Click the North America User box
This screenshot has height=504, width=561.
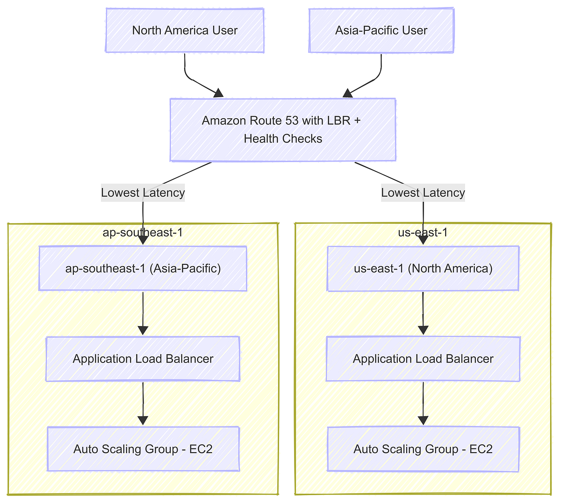pyautogui.click(x=185, y=30)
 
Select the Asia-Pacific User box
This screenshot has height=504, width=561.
pyautogui.click(x=381, y=30)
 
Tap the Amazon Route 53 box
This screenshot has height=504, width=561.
pyautogui.click(x=283, y=129)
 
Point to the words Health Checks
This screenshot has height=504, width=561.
pyautogui.click(x=283, y=139)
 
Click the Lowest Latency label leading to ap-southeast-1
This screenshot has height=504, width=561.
pyautogui.click(x=143, y=192)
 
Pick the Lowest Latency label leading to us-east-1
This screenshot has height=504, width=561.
pyautogui.click(x=423, y=192)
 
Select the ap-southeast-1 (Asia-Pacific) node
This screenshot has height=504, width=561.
pyautogui.click(x=143, y=269)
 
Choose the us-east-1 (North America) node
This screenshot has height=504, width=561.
pyautogui.click(x=423, y=269)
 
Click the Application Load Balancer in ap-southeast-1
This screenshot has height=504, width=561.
pyautogui.click(x=143, y=359)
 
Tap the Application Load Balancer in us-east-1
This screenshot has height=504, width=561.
pyautogui.click(x=423, y=359)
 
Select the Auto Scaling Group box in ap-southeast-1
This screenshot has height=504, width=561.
pyautogui.click(x=143, y=449)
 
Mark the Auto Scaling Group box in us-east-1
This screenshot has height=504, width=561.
pyautogui.click(x=423, y=449)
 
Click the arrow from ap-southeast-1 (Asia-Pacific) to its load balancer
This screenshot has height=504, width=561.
pyautogui.click(x=143, y=313)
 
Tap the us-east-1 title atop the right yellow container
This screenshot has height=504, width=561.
pyautogui.click(x=423, y=232)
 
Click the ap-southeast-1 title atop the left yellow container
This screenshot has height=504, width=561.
pyautogui.click(x=143, y=232)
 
